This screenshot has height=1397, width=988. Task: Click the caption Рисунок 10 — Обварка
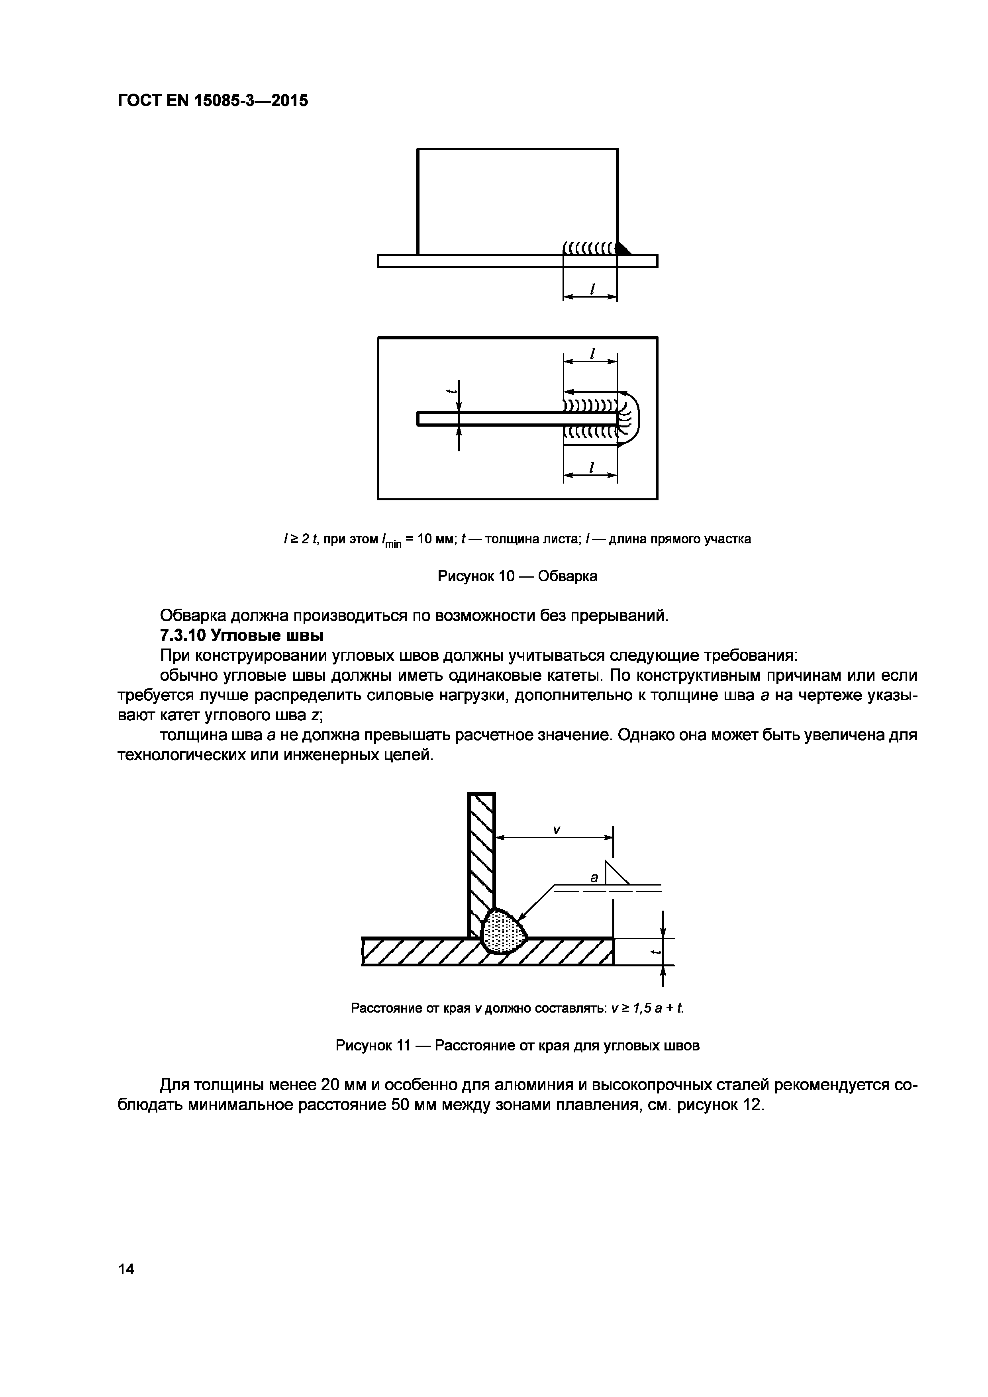tap(517, 576)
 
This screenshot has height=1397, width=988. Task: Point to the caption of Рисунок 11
tap(517, 1045)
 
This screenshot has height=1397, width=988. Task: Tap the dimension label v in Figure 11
tap(556, 829)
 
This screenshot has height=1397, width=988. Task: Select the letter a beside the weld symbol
tap(594, 877)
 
